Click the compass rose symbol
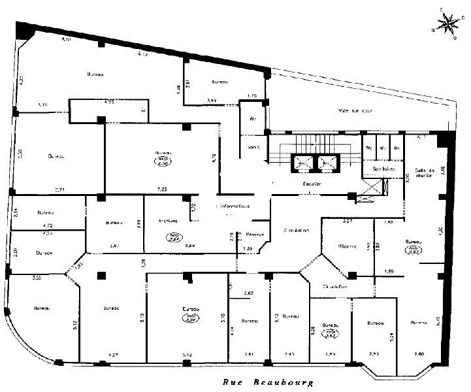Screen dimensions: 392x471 (447, 24)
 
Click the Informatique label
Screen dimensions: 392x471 (233, 206)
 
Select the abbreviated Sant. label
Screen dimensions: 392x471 (253, 147)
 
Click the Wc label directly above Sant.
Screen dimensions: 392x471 (253, 119)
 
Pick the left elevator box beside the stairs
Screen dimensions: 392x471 (302, 161)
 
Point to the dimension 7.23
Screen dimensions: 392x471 (161, 189)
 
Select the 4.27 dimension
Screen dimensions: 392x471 (105, 355)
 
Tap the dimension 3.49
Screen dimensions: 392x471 (212, 100)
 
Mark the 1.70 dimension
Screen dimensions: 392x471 (253, 97)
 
